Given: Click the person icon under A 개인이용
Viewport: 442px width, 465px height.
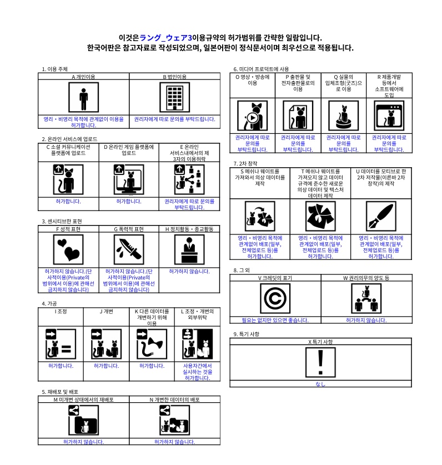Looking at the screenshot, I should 83,98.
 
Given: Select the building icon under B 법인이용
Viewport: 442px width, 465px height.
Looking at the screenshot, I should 174,98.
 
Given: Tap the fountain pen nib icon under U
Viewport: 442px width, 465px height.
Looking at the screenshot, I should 381,216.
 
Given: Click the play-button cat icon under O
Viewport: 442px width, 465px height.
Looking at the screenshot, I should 253,116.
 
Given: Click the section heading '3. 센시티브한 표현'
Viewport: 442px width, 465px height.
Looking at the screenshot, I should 62,221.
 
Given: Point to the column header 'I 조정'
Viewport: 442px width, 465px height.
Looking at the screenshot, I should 61,311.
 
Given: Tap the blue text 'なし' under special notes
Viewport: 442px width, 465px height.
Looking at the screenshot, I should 321,384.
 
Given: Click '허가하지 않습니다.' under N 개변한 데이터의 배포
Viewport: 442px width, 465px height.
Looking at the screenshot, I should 174,442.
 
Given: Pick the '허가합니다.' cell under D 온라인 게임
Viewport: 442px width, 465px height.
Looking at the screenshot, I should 129,201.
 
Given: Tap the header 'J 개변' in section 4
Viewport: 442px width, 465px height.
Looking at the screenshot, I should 106,311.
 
